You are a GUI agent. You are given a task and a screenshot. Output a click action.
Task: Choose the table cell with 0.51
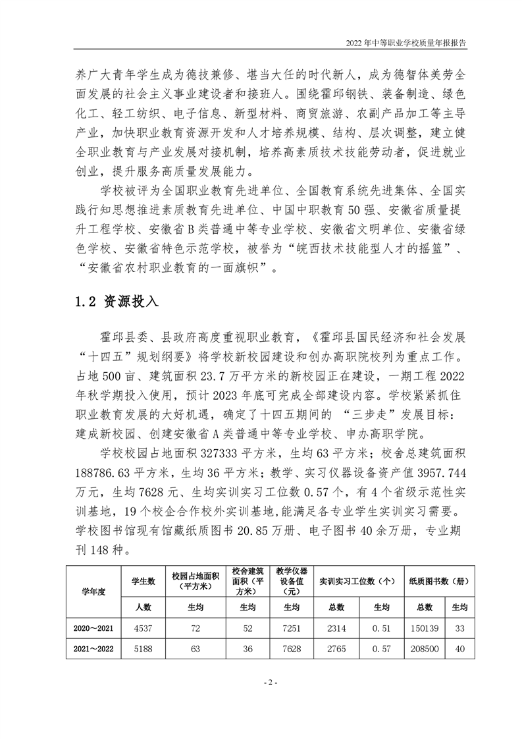coord(380,628)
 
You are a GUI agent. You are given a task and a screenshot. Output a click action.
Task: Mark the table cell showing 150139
coord(424,628)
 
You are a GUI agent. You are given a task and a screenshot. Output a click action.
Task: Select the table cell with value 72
coord(195,628)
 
